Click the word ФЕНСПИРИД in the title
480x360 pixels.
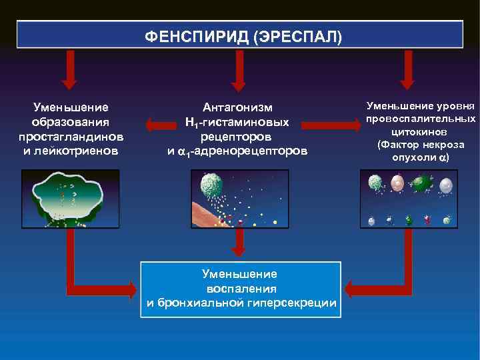point(197,36)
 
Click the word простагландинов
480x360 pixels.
point(71,137)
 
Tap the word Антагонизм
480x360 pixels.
point(238,107)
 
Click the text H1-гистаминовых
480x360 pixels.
point(237,122)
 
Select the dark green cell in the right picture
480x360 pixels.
point(421,183)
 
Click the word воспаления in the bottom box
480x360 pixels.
point(241,289)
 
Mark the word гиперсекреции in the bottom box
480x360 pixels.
point(297,303)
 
